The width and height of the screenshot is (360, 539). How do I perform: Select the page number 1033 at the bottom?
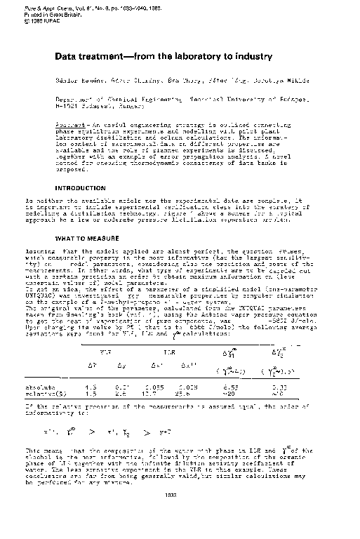pyautogui.click(x=168, y=514)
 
